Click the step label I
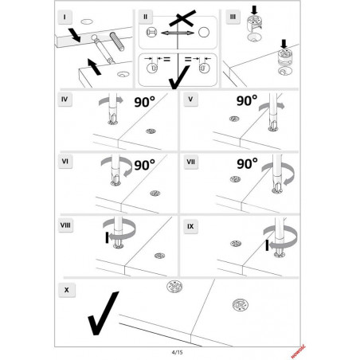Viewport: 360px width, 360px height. pyautogui.click(x=65, y=18)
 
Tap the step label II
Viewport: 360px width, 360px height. pyautogui.click(x=145, y=17)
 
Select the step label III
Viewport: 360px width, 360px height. pyautogui.click(x=233, y=17)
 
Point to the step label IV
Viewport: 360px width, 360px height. pyautogui.click(x=65, y=100)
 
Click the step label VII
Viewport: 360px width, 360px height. pyautogui.click(x=191, y=162)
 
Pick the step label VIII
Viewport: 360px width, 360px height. pyautogui.click(x=65, y=225)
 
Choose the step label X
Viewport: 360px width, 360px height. pyautogui.click(x=67, y=290)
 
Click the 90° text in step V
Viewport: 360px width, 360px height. pyautogui.click(x=247, y=101)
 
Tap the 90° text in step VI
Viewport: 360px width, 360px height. pyautogui.click(x=145, y=165)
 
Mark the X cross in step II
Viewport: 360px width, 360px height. pyautogui.click(x=182, y=18)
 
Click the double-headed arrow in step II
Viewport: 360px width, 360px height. pyautogui.click(x=178, y=33)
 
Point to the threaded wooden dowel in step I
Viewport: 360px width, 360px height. pyautogui.click(x=117, y=41)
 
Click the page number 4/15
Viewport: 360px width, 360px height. pyautogui.click(x=177, y=353)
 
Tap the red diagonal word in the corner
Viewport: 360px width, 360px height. pyautogui.click(x=299, y=351)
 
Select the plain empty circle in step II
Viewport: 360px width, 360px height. pyautogui.click(x=204, y=33)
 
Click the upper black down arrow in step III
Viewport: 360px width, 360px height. pyautogui.click(x=254, y=10)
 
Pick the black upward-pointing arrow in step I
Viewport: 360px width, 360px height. pyautogui.click(x=94, y=67)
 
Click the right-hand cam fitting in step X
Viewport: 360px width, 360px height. pyautogui.click(x=241, y=305)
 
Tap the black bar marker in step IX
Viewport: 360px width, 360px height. pyautogui.click(x=267, y=245)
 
